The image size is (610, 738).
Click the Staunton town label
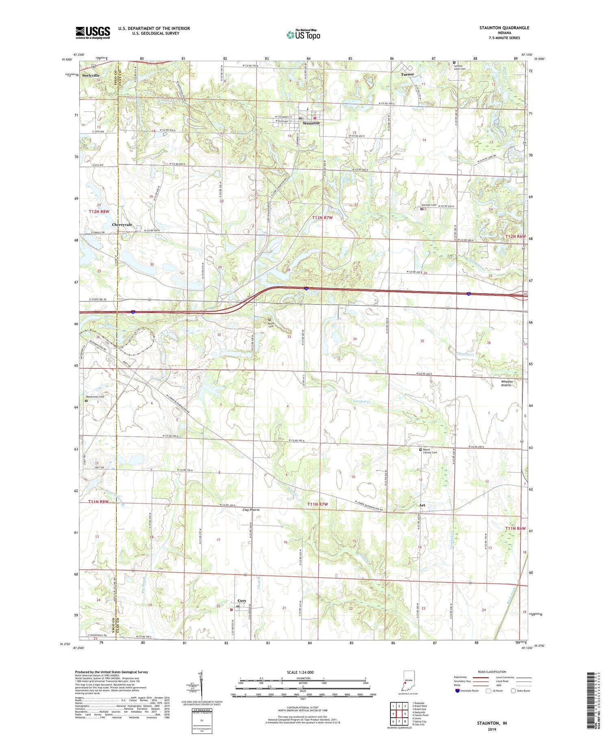(311, 123)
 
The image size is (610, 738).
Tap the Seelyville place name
(91, 76)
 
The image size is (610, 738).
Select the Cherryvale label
(122, 225)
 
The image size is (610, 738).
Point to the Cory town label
(242, 601)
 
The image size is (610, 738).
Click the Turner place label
(407, 74)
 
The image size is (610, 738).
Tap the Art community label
(422, 506)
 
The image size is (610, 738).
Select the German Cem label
(428, 205)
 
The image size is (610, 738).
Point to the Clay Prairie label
(251, 510)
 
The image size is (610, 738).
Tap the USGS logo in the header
(93, 33)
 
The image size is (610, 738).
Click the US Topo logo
(303, 35)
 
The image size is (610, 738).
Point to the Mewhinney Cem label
(94, 396)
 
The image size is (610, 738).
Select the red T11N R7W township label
(317, 505)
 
